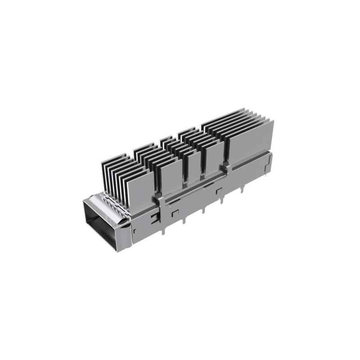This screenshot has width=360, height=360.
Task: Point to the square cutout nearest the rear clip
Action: coord(219,191)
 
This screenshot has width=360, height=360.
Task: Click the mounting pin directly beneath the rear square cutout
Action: coord(204,210)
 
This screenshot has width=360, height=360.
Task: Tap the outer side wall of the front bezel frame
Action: coord(123,234)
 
